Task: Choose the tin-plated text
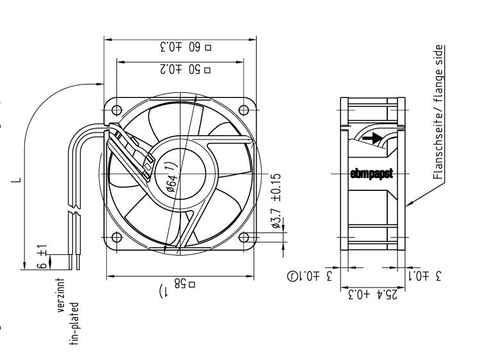click(75, 322)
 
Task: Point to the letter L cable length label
click(19, 180)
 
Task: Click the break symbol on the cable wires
click(73, 213)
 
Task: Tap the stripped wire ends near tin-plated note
click(74, 261)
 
